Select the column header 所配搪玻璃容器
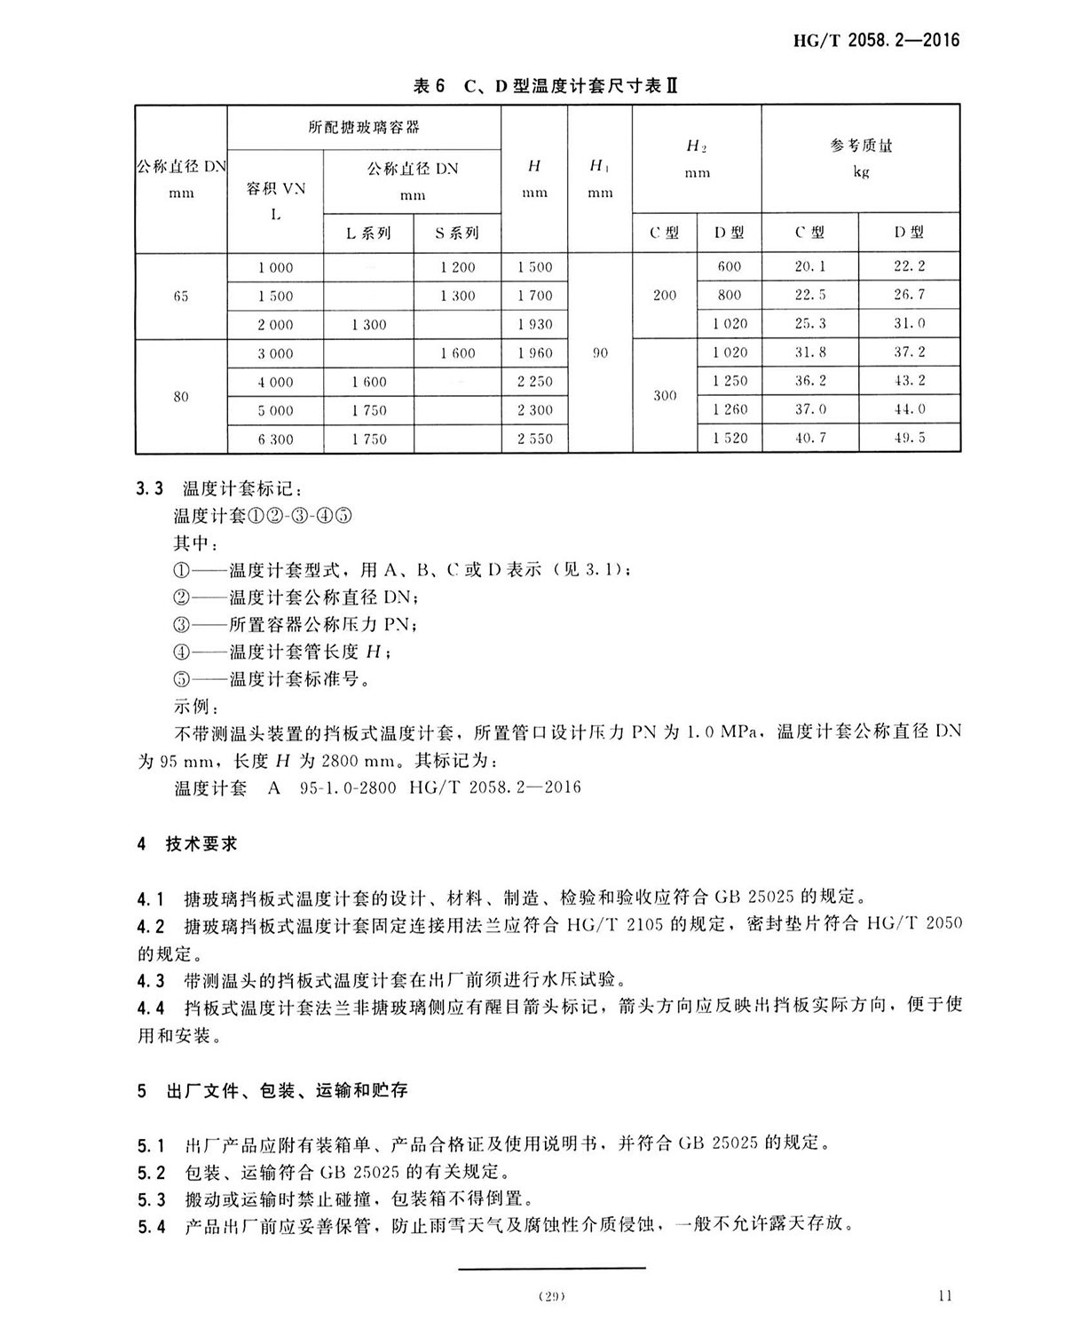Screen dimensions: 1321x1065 [364, 127]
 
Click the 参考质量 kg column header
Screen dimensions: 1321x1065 [860, 156]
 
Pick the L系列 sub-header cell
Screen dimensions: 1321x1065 [368, 233]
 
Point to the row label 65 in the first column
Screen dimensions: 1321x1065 [181, 296]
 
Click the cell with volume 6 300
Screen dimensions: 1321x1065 [275, 439]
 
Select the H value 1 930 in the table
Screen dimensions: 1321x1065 [534, 325]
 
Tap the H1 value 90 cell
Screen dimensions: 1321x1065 [600, 352]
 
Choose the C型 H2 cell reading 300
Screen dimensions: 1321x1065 [665, 395]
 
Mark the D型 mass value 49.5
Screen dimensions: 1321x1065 [909, 438]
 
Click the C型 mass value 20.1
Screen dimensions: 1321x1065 [809, 266]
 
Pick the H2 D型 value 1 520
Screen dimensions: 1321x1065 [730, 438]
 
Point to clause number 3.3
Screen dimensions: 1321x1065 [150, 488]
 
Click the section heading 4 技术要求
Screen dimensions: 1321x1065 [187, 843]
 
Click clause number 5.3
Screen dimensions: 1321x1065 [151, 1199]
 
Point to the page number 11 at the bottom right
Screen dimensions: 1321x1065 [944, 1295]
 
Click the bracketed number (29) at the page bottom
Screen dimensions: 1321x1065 [551, 1297]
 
